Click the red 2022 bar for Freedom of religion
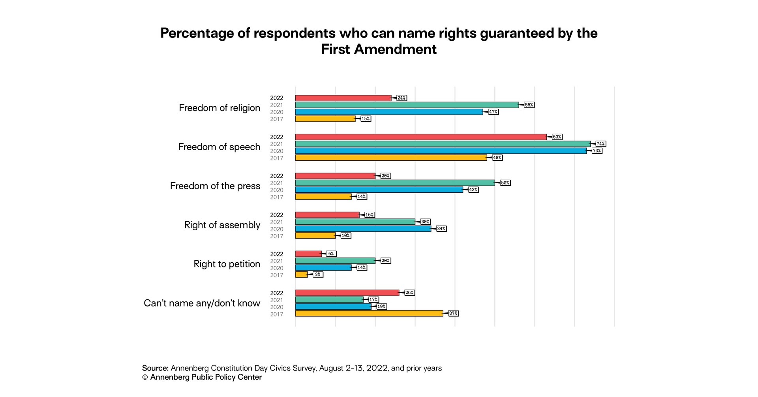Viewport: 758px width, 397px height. click(x=343, y=98)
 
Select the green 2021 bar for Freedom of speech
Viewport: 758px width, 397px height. click(x=443, y=144)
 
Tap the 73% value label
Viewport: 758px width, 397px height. click(x=597, y=151)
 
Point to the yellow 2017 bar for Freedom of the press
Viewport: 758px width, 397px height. click(x=323, y=197)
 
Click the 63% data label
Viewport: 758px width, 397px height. click(x=557, y=137)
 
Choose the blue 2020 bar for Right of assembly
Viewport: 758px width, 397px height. click(x=363, y=229)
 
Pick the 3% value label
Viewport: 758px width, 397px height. click(x=318, y=275)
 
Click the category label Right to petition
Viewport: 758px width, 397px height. click(x=227, y=264)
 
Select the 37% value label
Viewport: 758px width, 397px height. click(x=453, y=314)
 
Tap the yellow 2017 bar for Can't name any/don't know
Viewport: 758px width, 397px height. click(x=369, y=314)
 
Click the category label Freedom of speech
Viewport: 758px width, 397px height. click(x=219, y=147)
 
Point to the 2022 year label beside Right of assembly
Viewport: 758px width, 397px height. click(x=276, y=215)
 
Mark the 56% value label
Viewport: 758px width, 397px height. click(x=529, y=105)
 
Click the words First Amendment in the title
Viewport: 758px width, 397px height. click(x=379, y=49)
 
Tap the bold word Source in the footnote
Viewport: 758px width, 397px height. click(x=155, y=368)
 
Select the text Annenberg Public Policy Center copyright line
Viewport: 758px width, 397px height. click(x=202, y=377)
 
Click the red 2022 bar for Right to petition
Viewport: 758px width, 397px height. click(x=308, y=254)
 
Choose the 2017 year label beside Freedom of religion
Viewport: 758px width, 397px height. click(x=276, y=119)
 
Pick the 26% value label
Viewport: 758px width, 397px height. click(x=409, y=293)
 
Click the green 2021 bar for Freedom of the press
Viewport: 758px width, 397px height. click(x=395, y=183)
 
